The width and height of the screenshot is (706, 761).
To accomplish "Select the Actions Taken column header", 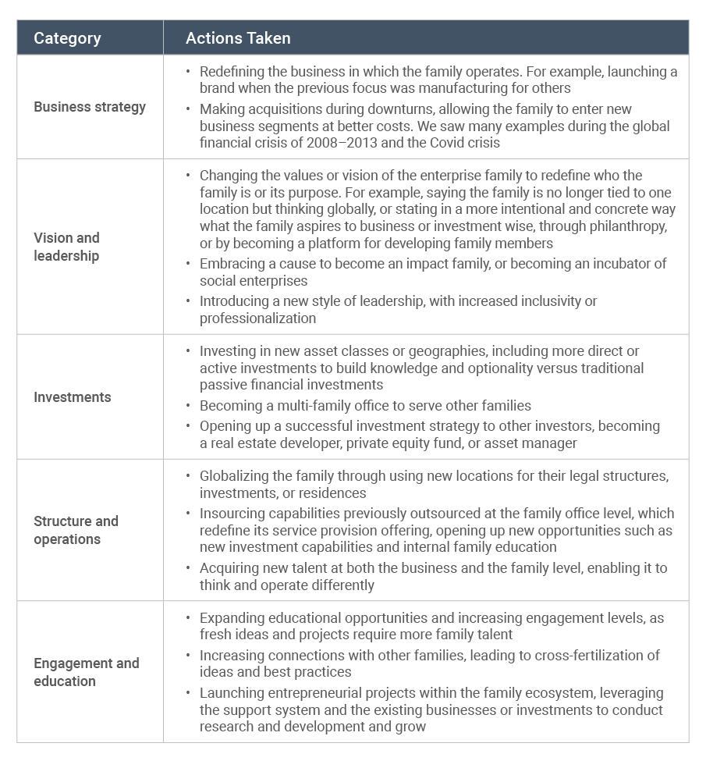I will (238, 37).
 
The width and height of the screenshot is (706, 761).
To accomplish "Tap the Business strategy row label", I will (90, 107).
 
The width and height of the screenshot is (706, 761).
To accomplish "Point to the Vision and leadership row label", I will (66, 247).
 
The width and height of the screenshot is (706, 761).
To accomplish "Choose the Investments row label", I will (73, 397).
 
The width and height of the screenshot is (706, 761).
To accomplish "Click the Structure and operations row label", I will (76, 530).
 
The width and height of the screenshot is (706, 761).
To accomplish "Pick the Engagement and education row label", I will (86, 672).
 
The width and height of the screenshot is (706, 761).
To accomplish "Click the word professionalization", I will (258, 318).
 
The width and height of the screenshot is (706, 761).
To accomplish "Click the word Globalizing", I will (236, 475).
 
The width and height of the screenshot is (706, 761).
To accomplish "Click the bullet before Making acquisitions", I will (188, 109).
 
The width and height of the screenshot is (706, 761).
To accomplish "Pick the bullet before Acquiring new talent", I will (188, 568).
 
